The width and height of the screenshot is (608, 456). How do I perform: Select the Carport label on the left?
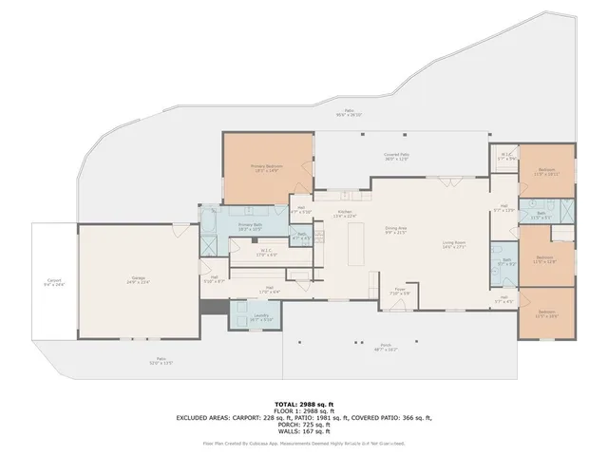click(x=54, y=282)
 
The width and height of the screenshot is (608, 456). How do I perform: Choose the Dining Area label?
click(x=396, y=230)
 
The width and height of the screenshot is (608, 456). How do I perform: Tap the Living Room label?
click(x=455, y=244)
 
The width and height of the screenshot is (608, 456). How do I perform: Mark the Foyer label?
click(x=400, y=292)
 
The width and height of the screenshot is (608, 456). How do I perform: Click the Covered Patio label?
click(x=397, y=156)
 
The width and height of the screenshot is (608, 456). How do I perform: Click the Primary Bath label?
click(x=250, y=226)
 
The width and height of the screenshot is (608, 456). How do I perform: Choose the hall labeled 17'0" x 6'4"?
click(x=270, y=290)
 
